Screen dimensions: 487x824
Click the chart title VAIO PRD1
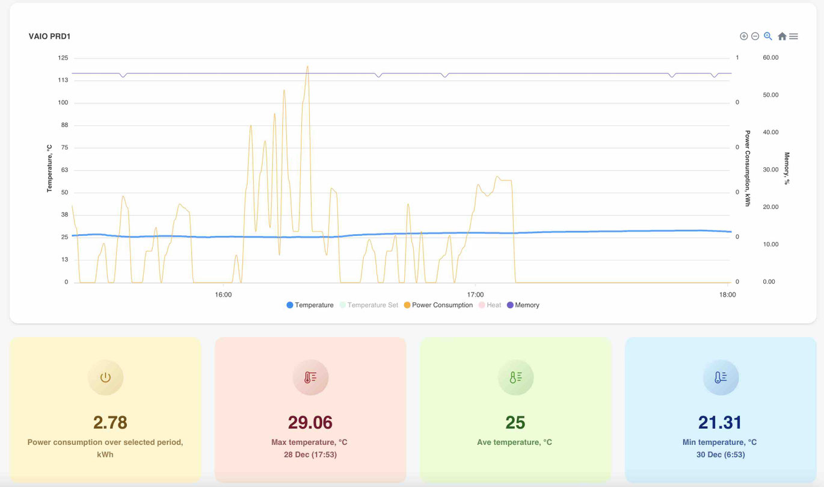[49, 36]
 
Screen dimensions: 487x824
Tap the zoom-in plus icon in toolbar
[744, 36]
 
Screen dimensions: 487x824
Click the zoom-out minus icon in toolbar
[755, 36]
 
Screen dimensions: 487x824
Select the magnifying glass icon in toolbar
[768, 36]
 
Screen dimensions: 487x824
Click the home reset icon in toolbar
[782, 36]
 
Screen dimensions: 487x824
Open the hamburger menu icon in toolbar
[794, 36]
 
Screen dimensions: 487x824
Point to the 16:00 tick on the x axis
[223, 295]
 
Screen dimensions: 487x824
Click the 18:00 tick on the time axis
[727, 295]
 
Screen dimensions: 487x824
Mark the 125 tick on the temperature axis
[63, 58]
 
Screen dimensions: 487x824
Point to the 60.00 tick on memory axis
[770, 58]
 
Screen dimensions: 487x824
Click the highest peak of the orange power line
[307, 66]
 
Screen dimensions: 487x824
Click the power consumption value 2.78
[110, 423]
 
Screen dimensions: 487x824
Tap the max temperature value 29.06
[310, 423]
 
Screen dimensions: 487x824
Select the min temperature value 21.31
[720, 423]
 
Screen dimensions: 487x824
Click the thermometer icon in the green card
[515, 377]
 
